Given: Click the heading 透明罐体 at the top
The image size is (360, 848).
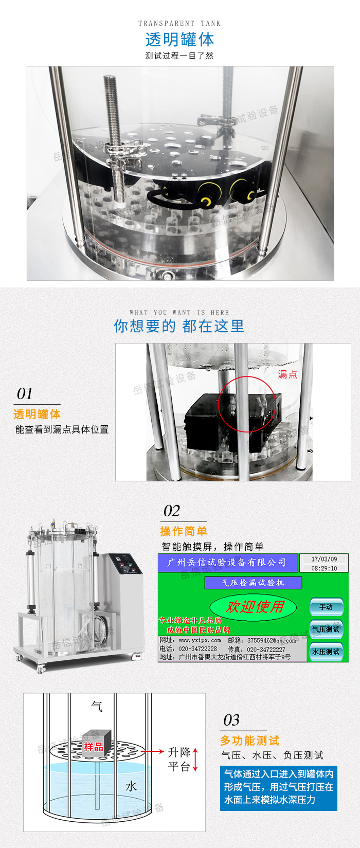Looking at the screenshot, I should tap(179, 40).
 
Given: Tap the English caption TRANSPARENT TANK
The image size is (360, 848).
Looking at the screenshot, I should tap(179, 23).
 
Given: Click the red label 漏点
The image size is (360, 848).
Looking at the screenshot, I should tap(287, 374).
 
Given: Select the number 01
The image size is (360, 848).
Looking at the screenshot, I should tap(25, 394).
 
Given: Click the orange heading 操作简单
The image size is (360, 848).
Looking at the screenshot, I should tap(184, 531).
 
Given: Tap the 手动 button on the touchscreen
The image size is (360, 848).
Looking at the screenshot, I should tap(326, 607).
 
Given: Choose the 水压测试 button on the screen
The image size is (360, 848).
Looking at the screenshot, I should tap(326, 652).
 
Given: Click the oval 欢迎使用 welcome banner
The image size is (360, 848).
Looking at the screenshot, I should tap(254, 607).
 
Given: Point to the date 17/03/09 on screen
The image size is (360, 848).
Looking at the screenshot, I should tap(324, 559).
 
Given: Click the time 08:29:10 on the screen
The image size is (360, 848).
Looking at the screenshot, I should tap(324, 568).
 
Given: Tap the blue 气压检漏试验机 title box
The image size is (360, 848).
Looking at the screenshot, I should tap(253, 583).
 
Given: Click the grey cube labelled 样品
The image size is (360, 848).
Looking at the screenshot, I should tap(93, 743).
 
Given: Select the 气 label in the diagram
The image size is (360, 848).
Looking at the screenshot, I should tap(97, 707).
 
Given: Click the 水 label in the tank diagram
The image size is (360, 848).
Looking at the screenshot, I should tap(131, 786).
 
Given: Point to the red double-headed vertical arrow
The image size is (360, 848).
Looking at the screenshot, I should tap(195, 760).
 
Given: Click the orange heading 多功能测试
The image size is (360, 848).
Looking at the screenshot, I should tap(249, 741).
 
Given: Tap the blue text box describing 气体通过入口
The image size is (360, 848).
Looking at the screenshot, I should tap(278, 787).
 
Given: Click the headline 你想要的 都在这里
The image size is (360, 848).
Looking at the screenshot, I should tap(179, 326).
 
